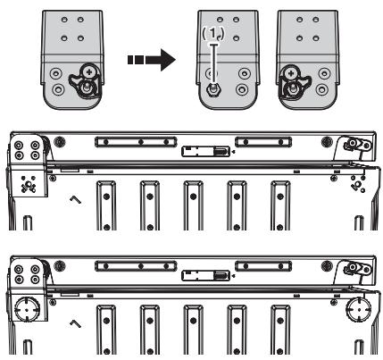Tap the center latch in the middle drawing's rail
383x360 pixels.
[203, 152]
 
